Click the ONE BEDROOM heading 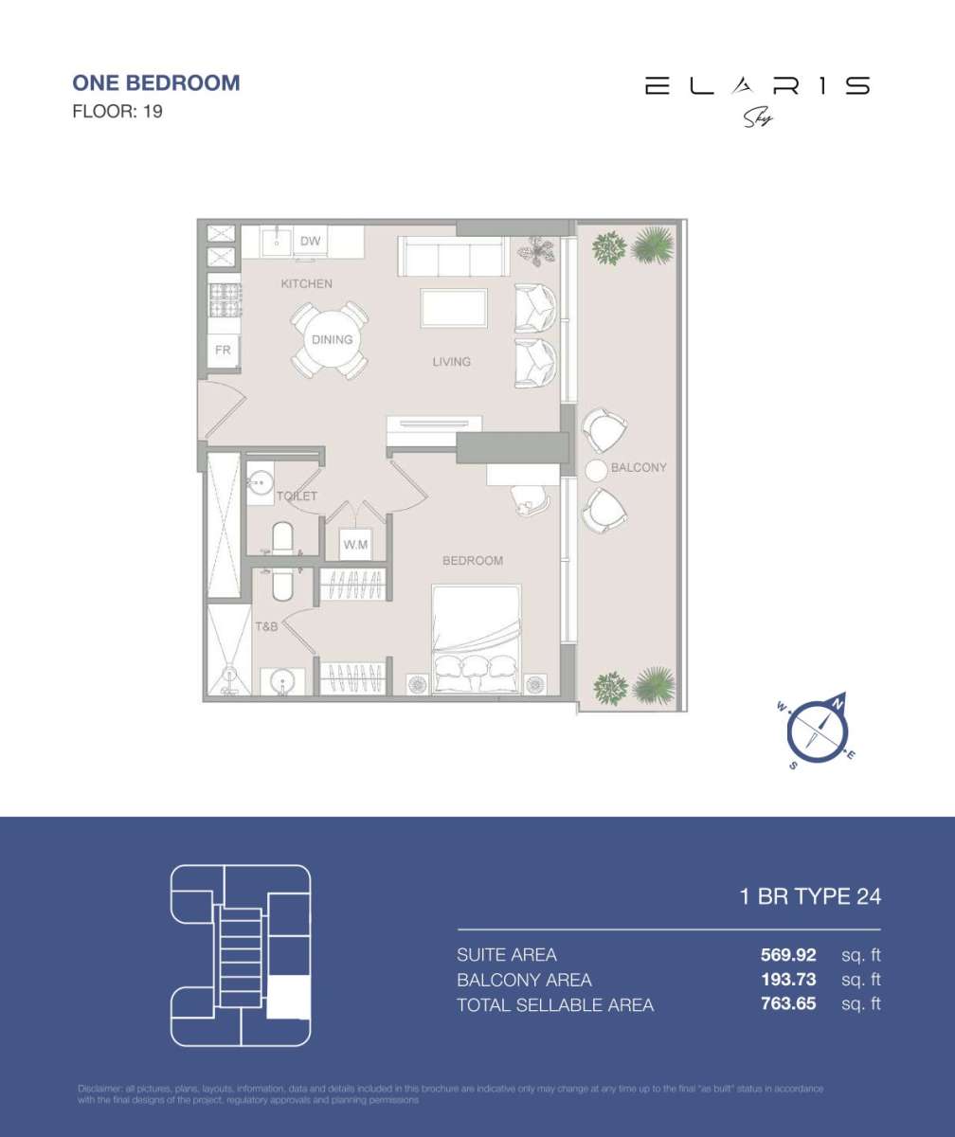click(x=156, y=82)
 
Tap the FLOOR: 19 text click(x=117, y=111)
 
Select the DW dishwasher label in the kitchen click(x=311, y=242)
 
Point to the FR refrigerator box click(x=224, y=350)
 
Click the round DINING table click(x=332, y=340)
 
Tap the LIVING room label click(x=452, y=361)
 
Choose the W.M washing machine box click(x=356, y=545)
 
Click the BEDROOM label click(x=473, y=560)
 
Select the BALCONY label click(x=639, y=467)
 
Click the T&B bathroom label click(x=266, y=626)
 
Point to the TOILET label click(x=297, y=496)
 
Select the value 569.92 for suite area click(x=788, y=954)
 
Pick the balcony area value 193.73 click(x=788, y=980)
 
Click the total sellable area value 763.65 click(x=788, y=1004)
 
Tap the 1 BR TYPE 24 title click(x=810, y=896)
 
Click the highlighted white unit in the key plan click(x=288, y=997)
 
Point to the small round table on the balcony click(x=596, y=470)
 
